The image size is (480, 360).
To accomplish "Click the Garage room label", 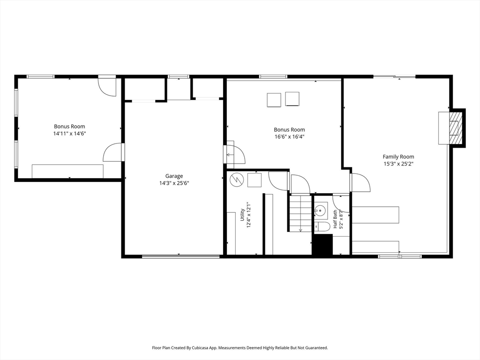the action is click(x=174, y=176).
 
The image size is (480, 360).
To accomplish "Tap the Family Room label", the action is click(x=398, y=157).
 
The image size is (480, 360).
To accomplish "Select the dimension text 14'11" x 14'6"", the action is click(x=69, y=134).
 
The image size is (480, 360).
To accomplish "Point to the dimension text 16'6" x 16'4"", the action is click(x=289, y=136).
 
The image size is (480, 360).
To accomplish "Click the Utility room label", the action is click(x=242, y=215).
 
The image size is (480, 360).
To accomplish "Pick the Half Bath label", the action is click(x=335, y=219).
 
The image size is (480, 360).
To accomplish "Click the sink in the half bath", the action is click(x=321, y=210).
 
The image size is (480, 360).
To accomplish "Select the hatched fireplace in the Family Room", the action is click(x=456, y=127).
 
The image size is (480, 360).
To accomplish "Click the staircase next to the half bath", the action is click(x=300, y=213).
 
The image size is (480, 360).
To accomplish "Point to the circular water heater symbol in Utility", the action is click(x=236, y=180).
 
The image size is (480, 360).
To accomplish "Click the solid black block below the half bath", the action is click(x=322, y=245).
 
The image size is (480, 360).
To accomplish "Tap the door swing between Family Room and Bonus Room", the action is click(x=360, y=182).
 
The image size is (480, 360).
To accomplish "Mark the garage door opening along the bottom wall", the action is click(x=181, y=256).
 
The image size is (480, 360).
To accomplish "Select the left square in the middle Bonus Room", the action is click(x=274, y=100).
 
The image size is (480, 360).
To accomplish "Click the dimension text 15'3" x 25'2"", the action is click(x=398, y=164).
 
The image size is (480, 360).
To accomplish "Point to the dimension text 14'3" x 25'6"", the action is click(x=174, y=183).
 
